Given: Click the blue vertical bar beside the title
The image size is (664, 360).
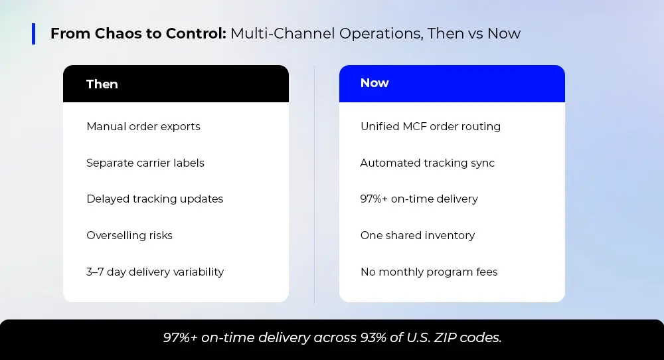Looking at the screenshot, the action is tap(33, 33).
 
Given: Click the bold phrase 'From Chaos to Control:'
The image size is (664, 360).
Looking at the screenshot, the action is tap(139, 33).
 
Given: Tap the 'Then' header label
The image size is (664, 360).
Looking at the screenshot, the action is tap(102, 84).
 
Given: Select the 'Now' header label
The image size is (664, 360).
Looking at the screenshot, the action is tap(374, 82).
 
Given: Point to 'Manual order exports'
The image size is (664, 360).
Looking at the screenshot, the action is tap(143, 127).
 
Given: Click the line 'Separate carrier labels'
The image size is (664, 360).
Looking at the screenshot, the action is tap(145, 163).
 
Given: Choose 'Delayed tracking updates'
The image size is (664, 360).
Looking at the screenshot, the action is tap(155, 199).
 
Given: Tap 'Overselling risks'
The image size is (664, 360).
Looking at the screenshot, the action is tap(129, 236).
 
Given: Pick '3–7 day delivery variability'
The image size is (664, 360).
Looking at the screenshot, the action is tap(155, 272).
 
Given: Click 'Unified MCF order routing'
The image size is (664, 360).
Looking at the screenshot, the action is tap(430, 127).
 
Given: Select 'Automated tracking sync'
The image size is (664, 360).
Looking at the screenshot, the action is tap(427, 163).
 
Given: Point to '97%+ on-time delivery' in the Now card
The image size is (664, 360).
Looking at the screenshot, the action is tap(419, 199).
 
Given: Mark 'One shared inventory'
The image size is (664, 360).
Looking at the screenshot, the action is tap(418, 236).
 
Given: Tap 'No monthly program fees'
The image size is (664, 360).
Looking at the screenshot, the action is tap(429, 272).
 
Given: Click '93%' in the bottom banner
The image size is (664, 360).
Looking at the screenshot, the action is tap(373, 337).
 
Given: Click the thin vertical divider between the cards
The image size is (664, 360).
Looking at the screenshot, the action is tap(314, 184).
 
